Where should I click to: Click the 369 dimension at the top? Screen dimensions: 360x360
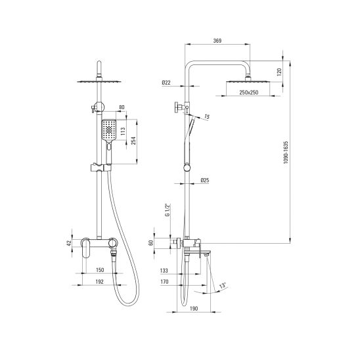point(217,41)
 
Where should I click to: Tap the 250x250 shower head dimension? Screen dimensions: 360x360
point(248,92)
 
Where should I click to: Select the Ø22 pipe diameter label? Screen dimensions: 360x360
point(166,82)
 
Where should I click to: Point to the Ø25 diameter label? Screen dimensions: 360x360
point(205,180)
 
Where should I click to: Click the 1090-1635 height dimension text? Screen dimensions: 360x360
point(286,152)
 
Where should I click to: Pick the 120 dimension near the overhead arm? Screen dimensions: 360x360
point(279,72)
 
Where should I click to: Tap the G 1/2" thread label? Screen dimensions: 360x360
point(168,210)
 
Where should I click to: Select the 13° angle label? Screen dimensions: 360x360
point(223,286)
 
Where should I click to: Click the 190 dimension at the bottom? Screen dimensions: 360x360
point(194,309)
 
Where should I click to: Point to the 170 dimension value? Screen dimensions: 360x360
point(164,281)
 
